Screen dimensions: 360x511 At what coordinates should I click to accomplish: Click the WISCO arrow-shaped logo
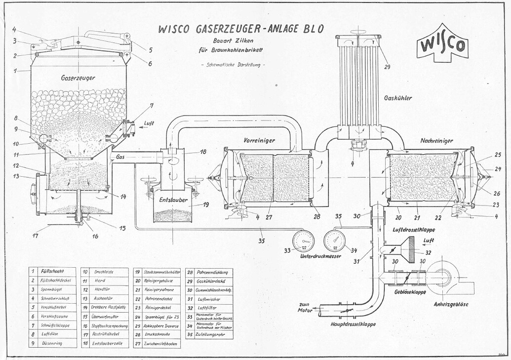pos(442,44)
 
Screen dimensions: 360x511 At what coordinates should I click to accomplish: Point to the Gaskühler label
pos(397,98)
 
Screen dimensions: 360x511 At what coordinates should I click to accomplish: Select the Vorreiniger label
pos(259,140)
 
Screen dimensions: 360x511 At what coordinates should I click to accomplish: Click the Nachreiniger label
pos(436,141)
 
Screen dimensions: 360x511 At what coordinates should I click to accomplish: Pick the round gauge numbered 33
pos(303,241)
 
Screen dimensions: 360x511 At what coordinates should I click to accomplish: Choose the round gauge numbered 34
pos(334,241)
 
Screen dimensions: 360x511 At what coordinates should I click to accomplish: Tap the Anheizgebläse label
pos(451,304)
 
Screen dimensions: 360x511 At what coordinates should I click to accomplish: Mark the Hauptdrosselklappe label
pos(353,324)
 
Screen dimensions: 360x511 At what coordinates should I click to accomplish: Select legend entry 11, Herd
pos(104,280)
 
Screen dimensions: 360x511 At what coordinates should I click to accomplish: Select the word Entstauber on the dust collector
pos(169,200)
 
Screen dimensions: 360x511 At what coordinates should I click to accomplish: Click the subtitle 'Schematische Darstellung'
pos(233,66)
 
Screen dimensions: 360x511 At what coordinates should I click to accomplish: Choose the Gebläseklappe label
pos(409,292)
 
